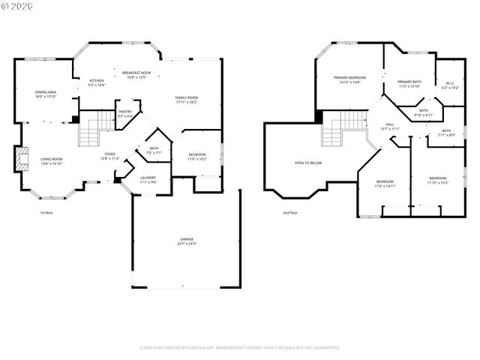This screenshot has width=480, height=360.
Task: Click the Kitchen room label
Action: coord(97,80)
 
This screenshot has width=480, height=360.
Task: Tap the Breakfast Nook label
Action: coord(137,72)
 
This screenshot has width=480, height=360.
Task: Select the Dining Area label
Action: coord(46,92)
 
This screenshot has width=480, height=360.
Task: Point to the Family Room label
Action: coord(187,98)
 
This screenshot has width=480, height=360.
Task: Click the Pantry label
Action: coord(125,112)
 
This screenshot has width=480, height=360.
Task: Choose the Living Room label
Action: coord(52,159)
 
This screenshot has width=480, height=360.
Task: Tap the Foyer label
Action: coord(109,154)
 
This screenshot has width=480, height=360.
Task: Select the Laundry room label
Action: coord(148,178)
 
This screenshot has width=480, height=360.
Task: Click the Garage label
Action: coord(187,239)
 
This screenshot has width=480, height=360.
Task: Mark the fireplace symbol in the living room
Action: coord(19,159)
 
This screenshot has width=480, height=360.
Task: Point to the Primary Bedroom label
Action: coord(349,78)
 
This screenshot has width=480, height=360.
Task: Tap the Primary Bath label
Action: coord(409,82)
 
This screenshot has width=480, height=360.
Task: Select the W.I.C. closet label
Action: coord(450,84)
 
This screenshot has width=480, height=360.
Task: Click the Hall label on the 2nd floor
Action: coord(390,124)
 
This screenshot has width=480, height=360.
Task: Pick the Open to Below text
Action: coord(308,163)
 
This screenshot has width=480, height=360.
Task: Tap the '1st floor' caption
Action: coord(47,212)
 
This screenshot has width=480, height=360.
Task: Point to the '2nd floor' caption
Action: coord(289,212)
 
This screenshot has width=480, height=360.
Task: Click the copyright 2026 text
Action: coord(19,7)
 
